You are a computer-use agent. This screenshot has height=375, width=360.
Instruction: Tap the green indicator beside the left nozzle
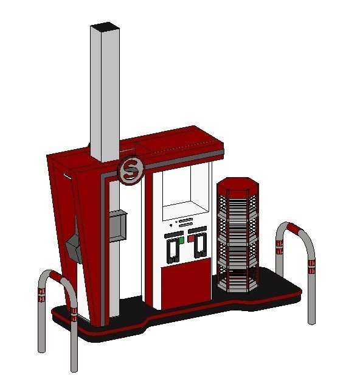coord(181,239)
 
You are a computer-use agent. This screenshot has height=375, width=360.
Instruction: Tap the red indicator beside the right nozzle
coord(190,239)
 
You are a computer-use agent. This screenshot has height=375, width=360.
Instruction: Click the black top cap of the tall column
coord(104,26)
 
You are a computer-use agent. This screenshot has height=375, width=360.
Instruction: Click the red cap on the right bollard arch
coord(296,230)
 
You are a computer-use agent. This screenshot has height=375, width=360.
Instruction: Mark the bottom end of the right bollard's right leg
coord(312,321)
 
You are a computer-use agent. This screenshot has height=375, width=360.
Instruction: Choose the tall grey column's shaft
coord(104,91)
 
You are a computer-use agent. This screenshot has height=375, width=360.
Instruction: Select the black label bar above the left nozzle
coord(173,234)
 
